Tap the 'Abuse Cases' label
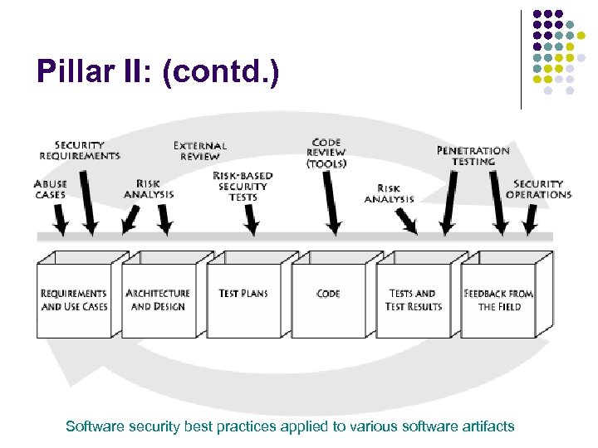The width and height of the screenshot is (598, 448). coord(51,188)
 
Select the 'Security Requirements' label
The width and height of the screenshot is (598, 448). coord(80,150)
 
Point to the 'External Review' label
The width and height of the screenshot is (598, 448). coord(200,151)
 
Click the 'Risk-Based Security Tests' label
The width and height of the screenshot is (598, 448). coord(243,186)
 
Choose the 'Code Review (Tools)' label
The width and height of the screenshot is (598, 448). coord(326,153)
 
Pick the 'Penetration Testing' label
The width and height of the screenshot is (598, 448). coord(473,156)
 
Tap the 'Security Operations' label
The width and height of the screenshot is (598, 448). coord(539,189)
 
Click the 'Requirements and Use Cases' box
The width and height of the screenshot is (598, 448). coord(74,300)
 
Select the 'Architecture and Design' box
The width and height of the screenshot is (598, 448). coord(158,300)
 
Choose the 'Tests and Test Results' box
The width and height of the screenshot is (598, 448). coord(413,300)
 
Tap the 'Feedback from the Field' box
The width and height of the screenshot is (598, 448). coord(498,300)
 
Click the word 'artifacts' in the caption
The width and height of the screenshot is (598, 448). coord(490,426)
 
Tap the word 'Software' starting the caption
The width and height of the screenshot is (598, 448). coord(93,426)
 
